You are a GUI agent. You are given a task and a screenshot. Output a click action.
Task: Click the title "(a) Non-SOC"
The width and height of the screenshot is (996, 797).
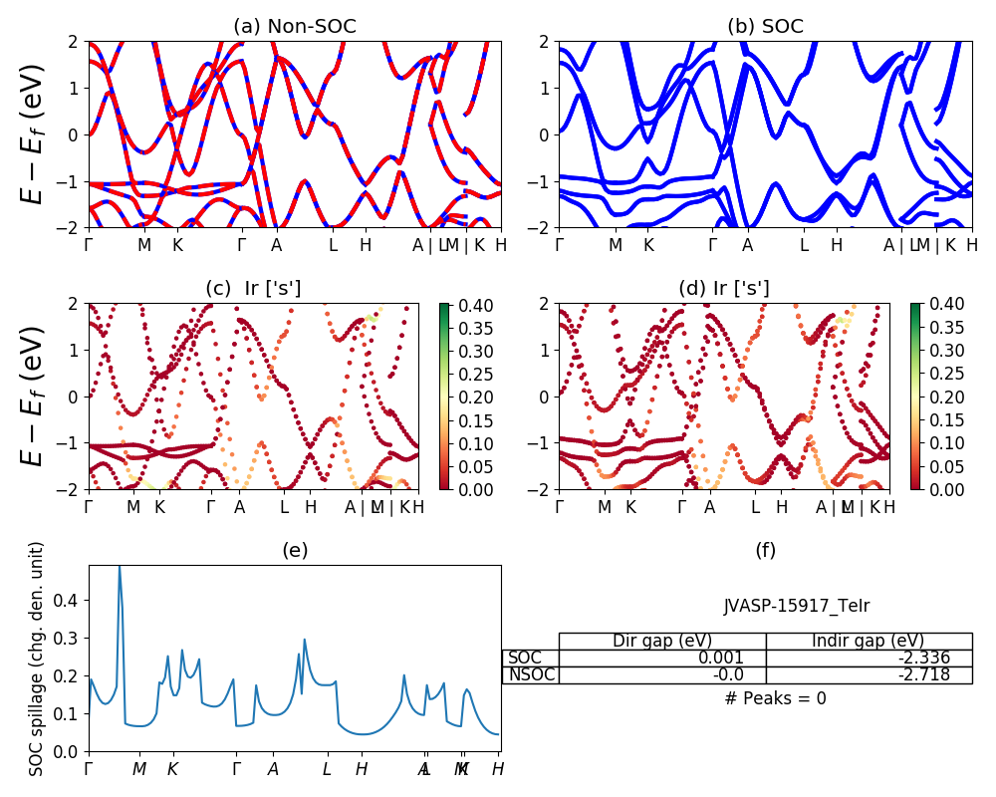coord(295,26)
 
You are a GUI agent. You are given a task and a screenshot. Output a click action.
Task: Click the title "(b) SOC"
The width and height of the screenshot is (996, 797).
coord(765,26)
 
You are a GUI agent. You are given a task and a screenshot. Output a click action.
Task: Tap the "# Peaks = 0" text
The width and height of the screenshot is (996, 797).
coord(775,698)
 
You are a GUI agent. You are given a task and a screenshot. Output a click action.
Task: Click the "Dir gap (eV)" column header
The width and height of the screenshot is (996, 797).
coord(661,641)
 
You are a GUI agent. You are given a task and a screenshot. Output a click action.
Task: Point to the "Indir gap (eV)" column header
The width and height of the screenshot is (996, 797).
coord(869,641)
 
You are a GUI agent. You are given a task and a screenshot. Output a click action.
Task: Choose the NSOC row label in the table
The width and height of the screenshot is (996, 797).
coord(531,675)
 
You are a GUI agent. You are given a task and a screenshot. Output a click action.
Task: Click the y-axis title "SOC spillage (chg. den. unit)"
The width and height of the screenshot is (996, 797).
coord(37,659)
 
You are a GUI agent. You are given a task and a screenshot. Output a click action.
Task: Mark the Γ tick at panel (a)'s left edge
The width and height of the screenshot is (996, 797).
coord(89,244)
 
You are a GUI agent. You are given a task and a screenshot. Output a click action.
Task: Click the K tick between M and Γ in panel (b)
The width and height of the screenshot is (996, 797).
coord(648,244)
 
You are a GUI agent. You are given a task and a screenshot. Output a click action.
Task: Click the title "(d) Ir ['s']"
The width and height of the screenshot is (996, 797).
coord(724,289)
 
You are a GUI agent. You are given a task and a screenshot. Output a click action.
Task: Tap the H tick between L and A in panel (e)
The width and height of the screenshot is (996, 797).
coord(362,769)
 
